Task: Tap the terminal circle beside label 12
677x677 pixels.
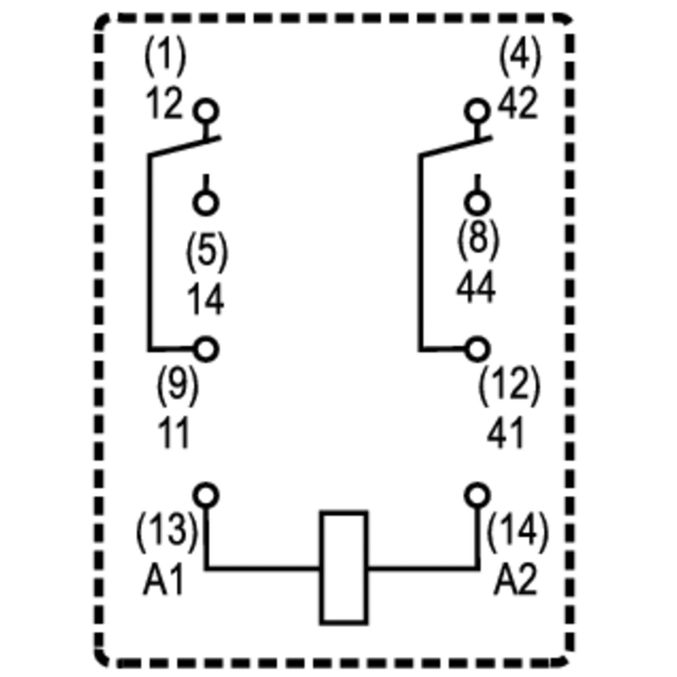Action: [x=206, y=111]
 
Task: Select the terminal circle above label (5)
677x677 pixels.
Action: [x=206, y=203]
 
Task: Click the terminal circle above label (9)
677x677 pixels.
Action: [x=206, y=350]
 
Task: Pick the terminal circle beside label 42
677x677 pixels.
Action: [x=477, y=111]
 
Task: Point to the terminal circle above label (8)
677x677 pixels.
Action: [x=477, y=203]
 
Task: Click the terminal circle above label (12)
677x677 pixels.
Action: [x=477, y=350]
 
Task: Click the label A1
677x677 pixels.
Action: [x=164, y=580]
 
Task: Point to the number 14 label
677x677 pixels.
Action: [x=206, y=300]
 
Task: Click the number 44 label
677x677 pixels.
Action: [x=476, y=288]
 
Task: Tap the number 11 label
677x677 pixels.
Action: [x=173, y=433]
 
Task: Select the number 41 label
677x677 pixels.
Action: [x=506, y=433]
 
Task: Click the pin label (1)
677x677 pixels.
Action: [x=165, y=56]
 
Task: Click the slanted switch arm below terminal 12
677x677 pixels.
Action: [x=184, y=146]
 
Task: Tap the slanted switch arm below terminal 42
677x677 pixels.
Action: [x=456, y=146]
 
